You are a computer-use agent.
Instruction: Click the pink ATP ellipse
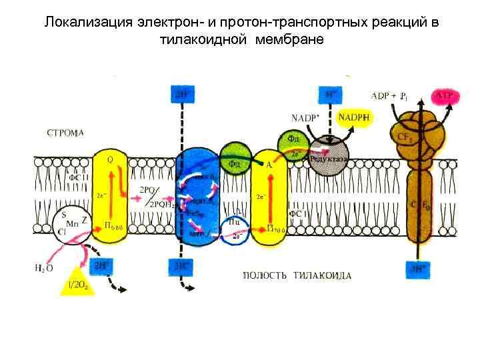click(x=445, y=97)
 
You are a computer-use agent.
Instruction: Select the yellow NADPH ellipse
click(x=356, y=118)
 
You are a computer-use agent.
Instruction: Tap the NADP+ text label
click(x=305, y=118)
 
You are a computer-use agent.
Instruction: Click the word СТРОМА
click(x=65, y=133)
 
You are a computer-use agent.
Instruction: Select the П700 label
click(x=276, y=230)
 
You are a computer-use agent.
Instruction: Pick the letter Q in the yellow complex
click(x=109, y=159)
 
